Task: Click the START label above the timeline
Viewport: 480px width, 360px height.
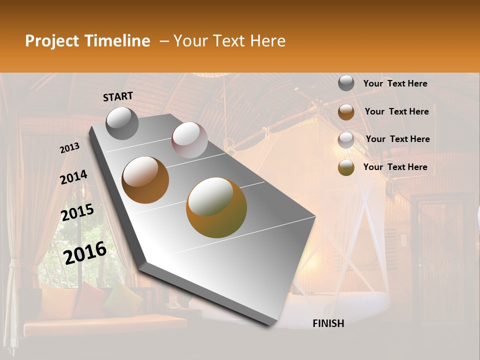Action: click(118, 96)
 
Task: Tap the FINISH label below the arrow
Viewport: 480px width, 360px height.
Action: click(328, 323)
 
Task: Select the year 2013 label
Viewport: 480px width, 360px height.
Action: click(70, 147)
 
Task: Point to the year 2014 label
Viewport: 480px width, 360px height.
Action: click(73, 177)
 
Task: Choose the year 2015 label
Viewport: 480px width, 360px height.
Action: click(77, 212)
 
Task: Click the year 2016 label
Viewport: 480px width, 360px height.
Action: click(85, 252)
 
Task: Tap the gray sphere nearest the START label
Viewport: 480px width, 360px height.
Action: click(122, 123)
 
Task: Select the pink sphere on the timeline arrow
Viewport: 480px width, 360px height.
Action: click(189, 140)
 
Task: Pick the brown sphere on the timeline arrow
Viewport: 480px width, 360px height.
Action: click(145, 180)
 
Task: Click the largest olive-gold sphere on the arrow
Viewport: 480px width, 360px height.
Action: click(216, 207)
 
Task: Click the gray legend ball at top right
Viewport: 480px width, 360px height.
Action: click(346, 83)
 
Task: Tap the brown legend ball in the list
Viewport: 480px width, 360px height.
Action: click(346, 112)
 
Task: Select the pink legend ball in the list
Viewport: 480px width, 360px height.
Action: click(346, 140)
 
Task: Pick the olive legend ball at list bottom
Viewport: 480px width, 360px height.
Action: click(346, 168)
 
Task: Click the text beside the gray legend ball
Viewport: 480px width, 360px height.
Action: click(395, 83)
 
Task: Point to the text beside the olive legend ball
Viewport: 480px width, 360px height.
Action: click(395, 167)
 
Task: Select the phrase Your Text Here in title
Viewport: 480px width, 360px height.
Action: click(229, 41)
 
